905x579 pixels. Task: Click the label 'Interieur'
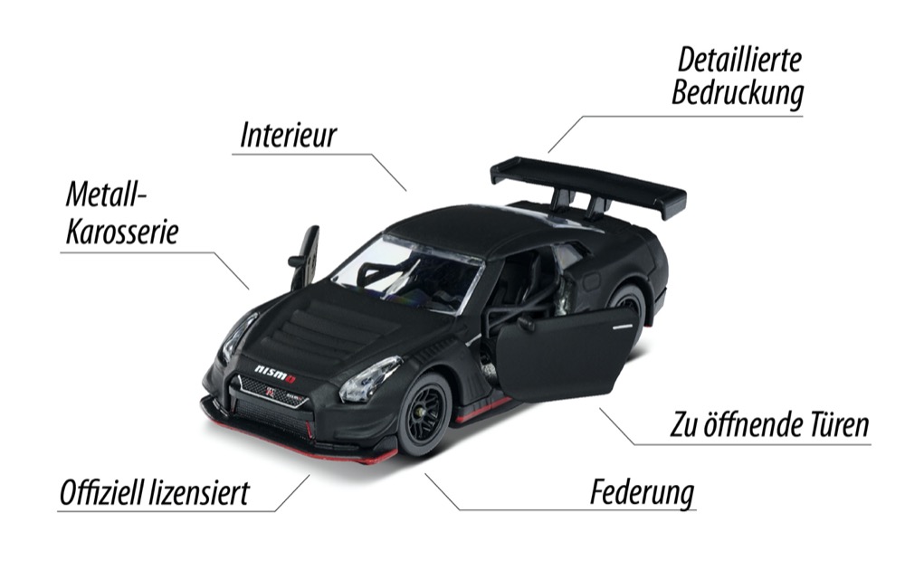tap(288, 135)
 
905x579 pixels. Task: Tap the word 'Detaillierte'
tap(739, 61)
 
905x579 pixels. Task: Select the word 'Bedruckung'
tap(737, 93)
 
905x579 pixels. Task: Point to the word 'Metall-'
tap(106, 195)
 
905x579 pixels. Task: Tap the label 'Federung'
tap(642, 494)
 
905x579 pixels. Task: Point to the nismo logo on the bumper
tap(275, 373)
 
